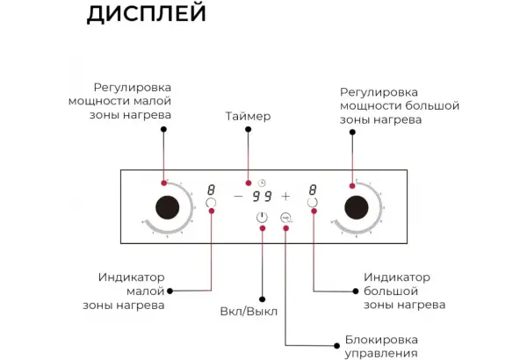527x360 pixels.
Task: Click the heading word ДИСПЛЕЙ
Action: click(146, 13)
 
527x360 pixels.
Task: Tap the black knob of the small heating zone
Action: click(168, 207)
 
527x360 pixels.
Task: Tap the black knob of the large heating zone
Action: click(357, 207)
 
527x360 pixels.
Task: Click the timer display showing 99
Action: click(262, 196)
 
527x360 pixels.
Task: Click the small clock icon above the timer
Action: click(262, 183)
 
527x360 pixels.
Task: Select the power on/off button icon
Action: click(262, 218)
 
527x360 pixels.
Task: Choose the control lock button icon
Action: click(285, 218)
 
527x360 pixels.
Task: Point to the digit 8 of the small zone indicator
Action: click(211, 190)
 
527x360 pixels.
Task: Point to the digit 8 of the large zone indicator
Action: click(313, 190)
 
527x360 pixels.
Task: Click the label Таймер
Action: click(248, 116)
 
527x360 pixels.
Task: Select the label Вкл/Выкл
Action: click(249, 312)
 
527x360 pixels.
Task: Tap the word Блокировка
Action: click(381, 340)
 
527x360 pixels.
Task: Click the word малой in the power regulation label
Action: click(152, 101)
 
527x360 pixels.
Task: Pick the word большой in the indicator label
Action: click(391, 292)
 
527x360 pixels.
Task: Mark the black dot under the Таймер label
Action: click(248, 129)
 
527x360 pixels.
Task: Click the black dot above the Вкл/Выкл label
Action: click(263, 299)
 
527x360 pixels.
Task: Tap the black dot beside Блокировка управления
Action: click(336, 346)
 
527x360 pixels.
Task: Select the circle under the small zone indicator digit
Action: click(211, 203)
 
